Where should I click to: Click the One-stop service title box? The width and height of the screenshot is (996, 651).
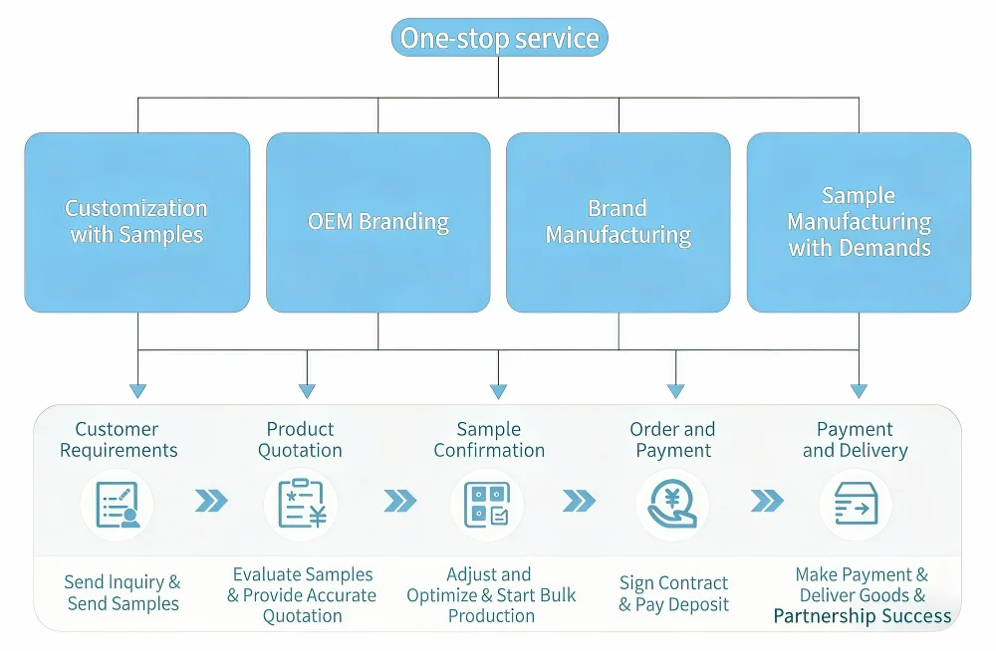(499, 38)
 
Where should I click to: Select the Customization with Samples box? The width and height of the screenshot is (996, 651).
(137, 222)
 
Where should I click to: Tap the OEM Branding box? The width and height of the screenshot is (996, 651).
(378, 222)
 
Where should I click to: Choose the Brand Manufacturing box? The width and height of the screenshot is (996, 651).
(619, 222)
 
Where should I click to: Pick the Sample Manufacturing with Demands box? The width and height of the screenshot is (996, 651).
(859, 222)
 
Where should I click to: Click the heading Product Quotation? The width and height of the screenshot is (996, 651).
(300, 439)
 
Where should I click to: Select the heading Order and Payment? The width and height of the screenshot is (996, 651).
(672, 439)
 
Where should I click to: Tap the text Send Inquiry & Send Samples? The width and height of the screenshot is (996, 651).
(123, 593)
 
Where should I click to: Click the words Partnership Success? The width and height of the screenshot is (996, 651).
(862, 616)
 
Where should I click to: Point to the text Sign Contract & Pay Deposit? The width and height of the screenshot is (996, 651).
(673, 593)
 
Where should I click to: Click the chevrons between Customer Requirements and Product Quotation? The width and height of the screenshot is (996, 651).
(211, 501)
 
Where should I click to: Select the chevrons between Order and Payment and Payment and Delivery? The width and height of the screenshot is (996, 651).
(767, 501)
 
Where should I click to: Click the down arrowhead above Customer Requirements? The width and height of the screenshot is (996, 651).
(137, 390)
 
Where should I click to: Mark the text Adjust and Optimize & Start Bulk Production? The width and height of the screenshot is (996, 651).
(489, 594)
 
